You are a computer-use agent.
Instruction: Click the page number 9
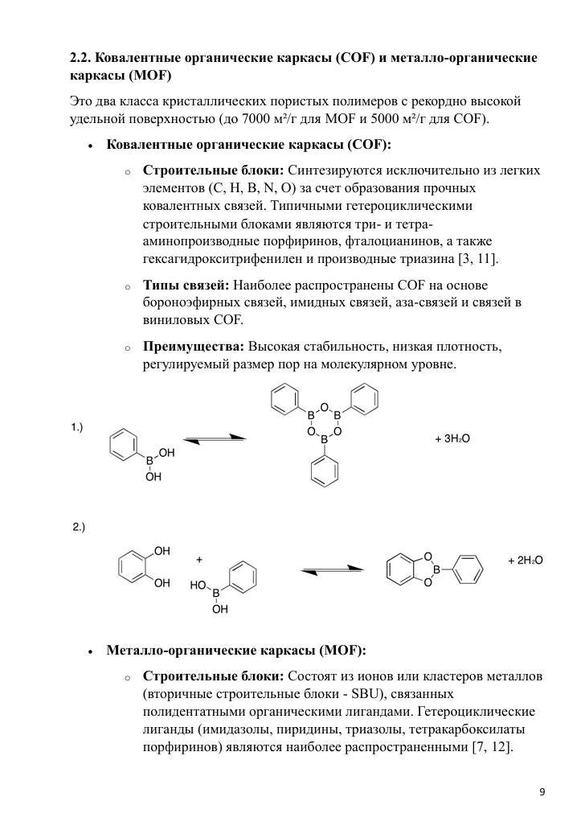pos(542,792)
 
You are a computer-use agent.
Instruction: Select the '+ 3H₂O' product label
pos(452,439)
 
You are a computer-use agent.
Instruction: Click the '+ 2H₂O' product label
pos(526,561)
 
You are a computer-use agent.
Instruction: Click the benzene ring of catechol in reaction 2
pos(133,567)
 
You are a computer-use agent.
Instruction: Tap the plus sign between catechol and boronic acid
pos(199,559)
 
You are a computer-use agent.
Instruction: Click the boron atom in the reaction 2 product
pos(437,569)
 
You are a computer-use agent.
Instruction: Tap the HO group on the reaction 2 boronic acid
pos(198,586)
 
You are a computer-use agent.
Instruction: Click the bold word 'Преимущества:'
pos(194,347)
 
